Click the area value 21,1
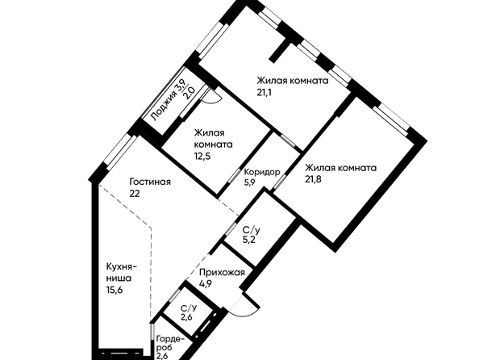point(264,92)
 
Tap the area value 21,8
point(313,179)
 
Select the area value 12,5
point(202,157)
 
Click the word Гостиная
point(150,182)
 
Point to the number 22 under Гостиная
point(135,194)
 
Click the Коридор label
point(262,173)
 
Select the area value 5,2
point(248,240)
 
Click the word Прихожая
point(222,272)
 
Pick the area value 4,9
point(206,283)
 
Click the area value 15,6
point(115,290)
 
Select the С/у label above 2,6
point(189,308)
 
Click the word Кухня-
point(122,267)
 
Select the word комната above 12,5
point(213,144)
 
